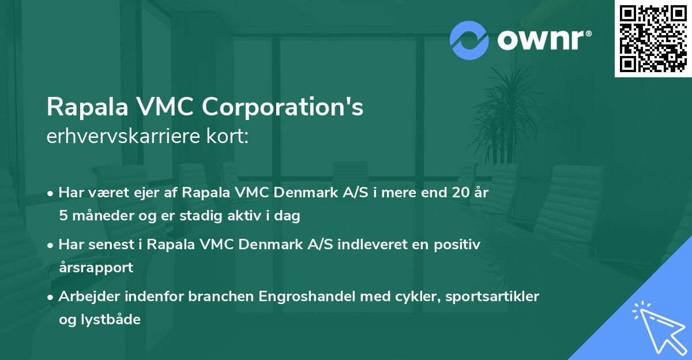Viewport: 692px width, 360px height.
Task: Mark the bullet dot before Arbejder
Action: pos(51,297)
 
